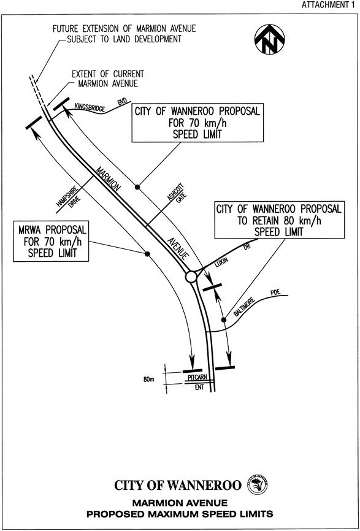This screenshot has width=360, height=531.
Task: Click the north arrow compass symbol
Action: (x=270, y=39)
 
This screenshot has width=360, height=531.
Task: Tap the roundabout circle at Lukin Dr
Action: (x=191, y=277)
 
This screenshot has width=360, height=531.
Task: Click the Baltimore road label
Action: (x=249, y=306)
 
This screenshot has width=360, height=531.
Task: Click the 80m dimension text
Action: (x=148, y=380)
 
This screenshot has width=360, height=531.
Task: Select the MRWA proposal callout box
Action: (x=51, y=241)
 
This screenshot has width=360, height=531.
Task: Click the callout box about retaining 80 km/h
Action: (x=280, y=220)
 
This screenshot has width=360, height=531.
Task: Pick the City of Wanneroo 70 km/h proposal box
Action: (x=197, y=123)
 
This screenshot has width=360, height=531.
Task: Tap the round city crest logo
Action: (x=258, y=484)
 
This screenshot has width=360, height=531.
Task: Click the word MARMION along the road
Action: (x=107, y=180)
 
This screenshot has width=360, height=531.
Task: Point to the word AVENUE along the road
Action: (x=177, y=248)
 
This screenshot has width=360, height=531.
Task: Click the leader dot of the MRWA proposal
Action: (x=147, y=254)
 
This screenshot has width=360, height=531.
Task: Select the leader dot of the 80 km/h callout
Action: (x=224, y=319)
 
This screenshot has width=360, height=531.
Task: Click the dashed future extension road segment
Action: (x=36, y=89)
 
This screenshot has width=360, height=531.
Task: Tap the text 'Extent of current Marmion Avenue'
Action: (x=108, y=78)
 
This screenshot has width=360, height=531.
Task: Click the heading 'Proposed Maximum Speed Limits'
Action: (x=180, y=514)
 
